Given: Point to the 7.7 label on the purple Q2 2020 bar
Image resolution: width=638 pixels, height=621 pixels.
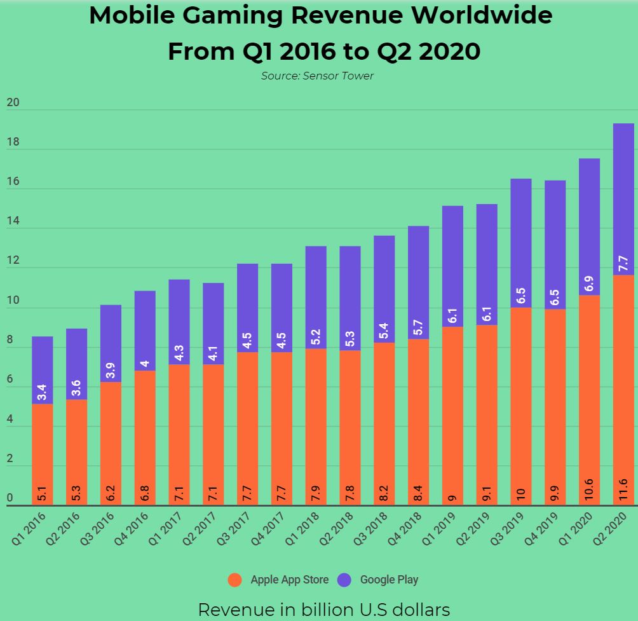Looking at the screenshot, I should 623,263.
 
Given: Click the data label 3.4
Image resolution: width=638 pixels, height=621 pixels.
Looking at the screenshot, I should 43,392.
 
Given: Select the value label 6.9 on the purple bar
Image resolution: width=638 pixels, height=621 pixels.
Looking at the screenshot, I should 589,283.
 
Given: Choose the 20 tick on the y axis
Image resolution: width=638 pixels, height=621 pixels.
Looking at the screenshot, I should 13,103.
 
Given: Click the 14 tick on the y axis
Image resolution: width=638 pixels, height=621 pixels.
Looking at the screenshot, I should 13,222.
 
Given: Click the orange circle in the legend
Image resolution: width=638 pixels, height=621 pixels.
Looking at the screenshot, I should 236,580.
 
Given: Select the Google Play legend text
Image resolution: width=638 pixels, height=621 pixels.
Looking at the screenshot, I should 389,580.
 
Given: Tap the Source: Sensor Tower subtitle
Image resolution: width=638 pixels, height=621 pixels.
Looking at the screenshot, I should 317,76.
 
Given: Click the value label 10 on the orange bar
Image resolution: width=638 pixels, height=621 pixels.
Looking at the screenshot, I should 521,493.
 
